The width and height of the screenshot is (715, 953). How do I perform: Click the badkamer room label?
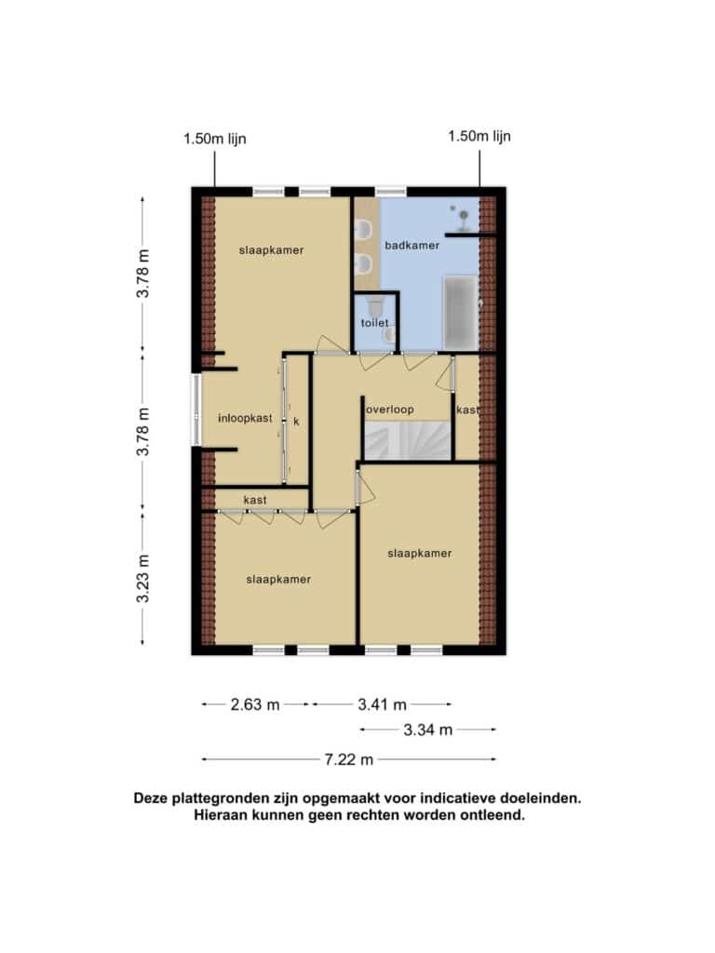(411, 246)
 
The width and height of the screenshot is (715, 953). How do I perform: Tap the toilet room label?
(374, 323)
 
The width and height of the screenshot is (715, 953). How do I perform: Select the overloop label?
(390, 409)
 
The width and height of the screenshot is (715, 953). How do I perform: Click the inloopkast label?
(245, 418)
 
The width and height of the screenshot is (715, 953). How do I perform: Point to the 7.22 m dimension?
(348, 759)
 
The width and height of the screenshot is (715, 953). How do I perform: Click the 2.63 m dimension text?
(255, 705)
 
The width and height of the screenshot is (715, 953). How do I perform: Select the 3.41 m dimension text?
(382, 705)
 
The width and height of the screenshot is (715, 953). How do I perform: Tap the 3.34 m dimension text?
(428, 730)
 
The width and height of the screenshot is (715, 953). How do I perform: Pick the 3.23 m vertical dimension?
(142, 578)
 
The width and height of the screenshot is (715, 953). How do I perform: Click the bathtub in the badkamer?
(460, 313)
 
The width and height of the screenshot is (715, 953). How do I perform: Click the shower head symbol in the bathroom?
(464, 216)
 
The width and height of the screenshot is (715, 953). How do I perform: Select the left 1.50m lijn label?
(215, 139)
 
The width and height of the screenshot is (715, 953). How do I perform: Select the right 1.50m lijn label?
(479, 136)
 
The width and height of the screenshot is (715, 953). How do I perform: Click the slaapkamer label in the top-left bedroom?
(271, 249)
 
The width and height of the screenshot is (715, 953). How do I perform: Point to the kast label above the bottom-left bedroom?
(255, 500)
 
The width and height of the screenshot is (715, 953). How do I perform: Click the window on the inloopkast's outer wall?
(196, 409)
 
